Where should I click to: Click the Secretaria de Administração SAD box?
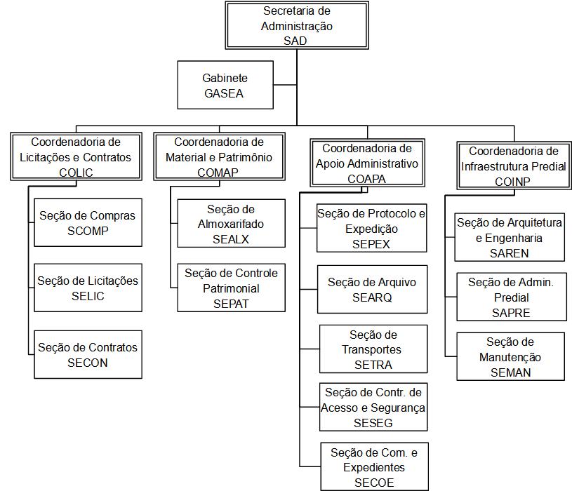pyautogui.click(x=296, y=26)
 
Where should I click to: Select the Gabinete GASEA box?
pyautogui.click(x=225, y=85)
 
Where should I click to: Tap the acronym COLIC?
pyautogui.click(x=76, y=173)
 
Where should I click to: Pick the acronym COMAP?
pyautogui.click(x=218, y=173)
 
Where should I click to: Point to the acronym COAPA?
pyautogui.click(x=366, y=179)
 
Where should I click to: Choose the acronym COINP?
pyautogui.click(x=512, y=181)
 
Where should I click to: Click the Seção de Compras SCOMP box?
pyautogui.click(x=88, y=222)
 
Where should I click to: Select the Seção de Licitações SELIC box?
pyautogui.click(x=88, y=288)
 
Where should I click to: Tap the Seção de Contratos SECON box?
pyautogui.click(x=88, y=354)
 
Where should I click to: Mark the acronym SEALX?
pyautogui.click(x=231, y=239)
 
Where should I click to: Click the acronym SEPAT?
pyautogui.click(x=231, y=304)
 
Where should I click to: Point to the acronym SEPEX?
pyautogui.click(x=371, y=244)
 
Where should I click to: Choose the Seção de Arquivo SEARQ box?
pyautogui.click(x=372, y=289)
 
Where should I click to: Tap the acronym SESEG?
pyautogui.click(x=373, y=423)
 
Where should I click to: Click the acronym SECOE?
pyautogui.click(x=373, y=483)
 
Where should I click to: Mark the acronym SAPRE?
pyautogui.click(x=510, y=313)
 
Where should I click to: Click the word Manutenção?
pyautogui.click(x=510, y=357)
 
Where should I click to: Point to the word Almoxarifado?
pyautogui.click(x=231, y=224)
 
